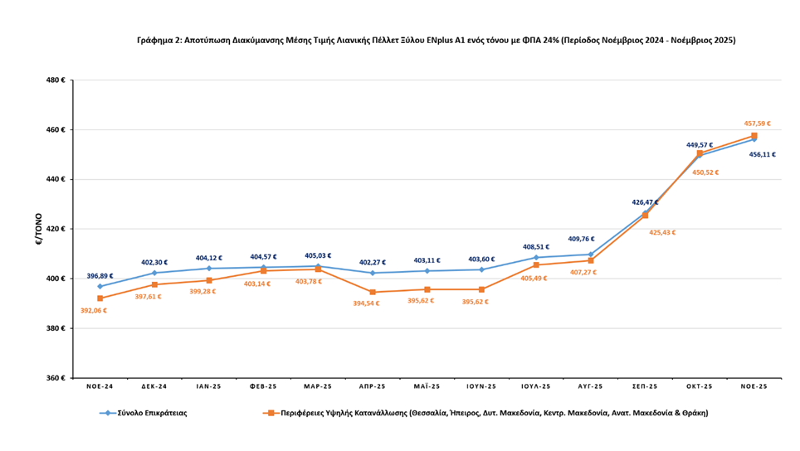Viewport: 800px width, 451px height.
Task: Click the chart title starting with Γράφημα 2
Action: coord(436,40)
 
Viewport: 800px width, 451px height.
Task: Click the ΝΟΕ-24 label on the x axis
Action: coord(100,386)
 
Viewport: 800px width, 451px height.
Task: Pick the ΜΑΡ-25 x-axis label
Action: coord(318,386)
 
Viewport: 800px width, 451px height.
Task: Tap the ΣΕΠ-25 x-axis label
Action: coord(644,386)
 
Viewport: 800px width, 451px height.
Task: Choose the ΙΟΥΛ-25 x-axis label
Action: coord(535,386)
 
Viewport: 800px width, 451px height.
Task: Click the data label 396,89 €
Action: coord(100,276)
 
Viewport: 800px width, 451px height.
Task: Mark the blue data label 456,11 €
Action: coord(762,154)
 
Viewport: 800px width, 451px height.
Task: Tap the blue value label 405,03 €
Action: coord(318,256)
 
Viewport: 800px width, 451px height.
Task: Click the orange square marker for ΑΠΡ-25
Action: coord(373,292)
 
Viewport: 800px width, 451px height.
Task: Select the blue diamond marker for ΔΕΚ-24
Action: coord(154,273)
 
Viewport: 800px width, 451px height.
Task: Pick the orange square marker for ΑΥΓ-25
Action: coord(590,260)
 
